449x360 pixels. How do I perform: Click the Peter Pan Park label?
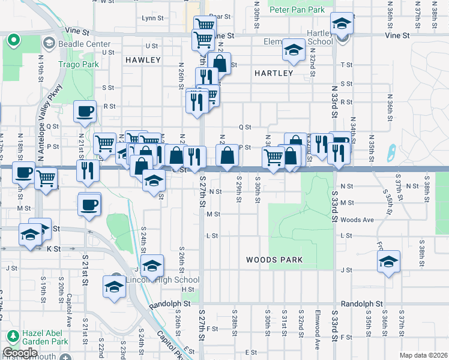297,10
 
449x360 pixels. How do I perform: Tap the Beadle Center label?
84,44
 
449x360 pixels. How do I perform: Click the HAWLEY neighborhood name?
143,60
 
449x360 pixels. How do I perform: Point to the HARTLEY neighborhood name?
273,73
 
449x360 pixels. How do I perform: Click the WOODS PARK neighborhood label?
274,260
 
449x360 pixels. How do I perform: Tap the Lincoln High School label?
162,280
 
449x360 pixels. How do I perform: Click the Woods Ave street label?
357,220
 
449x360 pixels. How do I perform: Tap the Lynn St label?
153,18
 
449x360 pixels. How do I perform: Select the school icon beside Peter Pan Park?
342,25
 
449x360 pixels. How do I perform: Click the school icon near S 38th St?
388,262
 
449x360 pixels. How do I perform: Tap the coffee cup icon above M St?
90,205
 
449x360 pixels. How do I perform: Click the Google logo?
20,353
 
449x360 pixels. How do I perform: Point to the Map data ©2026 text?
424,355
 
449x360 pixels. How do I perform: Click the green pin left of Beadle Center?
13,41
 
